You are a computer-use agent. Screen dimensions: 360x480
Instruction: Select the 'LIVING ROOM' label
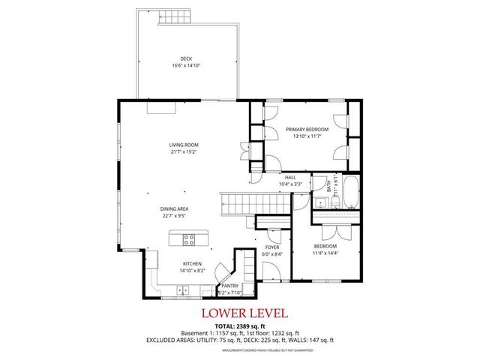pyautogui.click(x=183, y=145)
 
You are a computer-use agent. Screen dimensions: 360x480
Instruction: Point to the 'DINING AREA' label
pyautogui.click(x=173, y=209)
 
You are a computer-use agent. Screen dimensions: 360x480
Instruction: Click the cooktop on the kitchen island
pyautogui.click(x=188, y=241)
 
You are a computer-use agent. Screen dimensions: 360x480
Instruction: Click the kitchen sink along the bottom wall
pyautogui.click(x=183, y=290)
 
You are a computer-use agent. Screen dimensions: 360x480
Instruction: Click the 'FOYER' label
pyautogui.click(x=271, y=247)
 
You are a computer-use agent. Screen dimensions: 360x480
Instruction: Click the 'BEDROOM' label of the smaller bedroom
pyautogui.click(x=325, y=246)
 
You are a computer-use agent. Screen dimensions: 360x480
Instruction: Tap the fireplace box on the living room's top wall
pyautogui.click(x=161, y=108)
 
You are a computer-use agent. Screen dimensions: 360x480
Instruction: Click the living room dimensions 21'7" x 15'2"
pyautogui.click(x=183, y=151)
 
